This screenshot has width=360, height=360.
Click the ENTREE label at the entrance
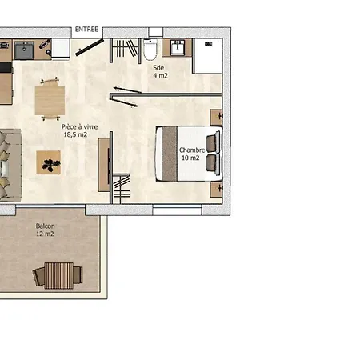pos(86,29)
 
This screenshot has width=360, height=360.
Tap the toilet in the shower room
pos(150,50)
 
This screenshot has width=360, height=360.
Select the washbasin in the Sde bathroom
pos(178,48)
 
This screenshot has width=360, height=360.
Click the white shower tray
pos(209,56)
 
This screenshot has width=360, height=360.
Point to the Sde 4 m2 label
pos(160,72)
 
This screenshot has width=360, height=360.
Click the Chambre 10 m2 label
pos(192,154)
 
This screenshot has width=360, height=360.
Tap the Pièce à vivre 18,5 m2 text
pos(79,130)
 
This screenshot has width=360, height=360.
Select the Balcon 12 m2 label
pos(45,230)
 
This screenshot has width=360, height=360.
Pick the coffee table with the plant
pos(49,162)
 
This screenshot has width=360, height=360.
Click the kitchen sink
pos(24,50)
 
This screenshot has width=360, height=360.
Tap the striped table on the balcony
pos(58,276)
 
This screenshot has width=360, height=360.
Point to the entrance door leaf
pos(90,47)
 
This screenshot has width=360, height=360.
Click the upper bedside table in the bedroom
pos(216,117)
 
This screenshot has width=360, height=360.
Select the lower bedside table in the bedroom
pos(216,190)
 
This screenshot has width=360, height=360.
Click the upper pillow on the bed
pos(212,143)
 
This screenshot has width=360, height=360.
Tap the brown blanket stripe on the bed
pos(170,154)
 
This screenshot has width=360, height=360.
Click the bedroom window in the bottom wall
pos(177,210)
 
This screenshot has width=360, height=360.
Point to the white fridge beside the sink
pos(61,48)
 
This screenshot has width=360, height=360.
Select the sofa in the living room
pos(10,166)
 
